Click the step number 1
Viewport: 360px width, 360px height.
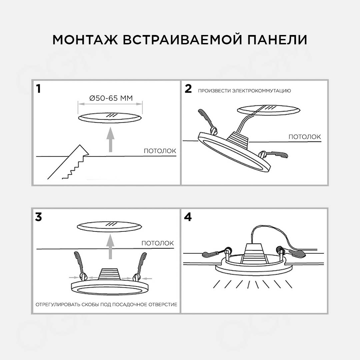tap(39, 89)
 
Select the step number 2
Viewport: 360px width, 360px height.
tap(188, 89)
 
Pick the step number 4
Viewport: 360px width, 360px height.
tap(188, 217)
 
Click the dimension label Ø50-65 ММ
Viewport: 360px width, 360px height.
tap(111, 98)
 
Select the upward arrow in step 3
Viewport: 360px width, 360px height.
tap(110, 247)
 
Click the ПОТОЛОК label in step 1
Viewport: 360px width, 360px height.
tap(160, 151)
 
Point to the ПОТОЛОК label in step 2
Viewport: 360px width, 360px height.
tap(304, 137)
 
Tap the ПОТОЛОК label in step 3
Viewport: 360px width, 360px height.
tap(157, 243)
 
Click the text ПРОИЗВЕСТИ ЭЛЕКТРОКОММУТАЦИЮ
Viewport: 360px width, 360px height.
tap(244, 91)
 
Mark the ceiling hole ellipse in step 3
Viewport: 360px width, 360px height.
tap(110, 227)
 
